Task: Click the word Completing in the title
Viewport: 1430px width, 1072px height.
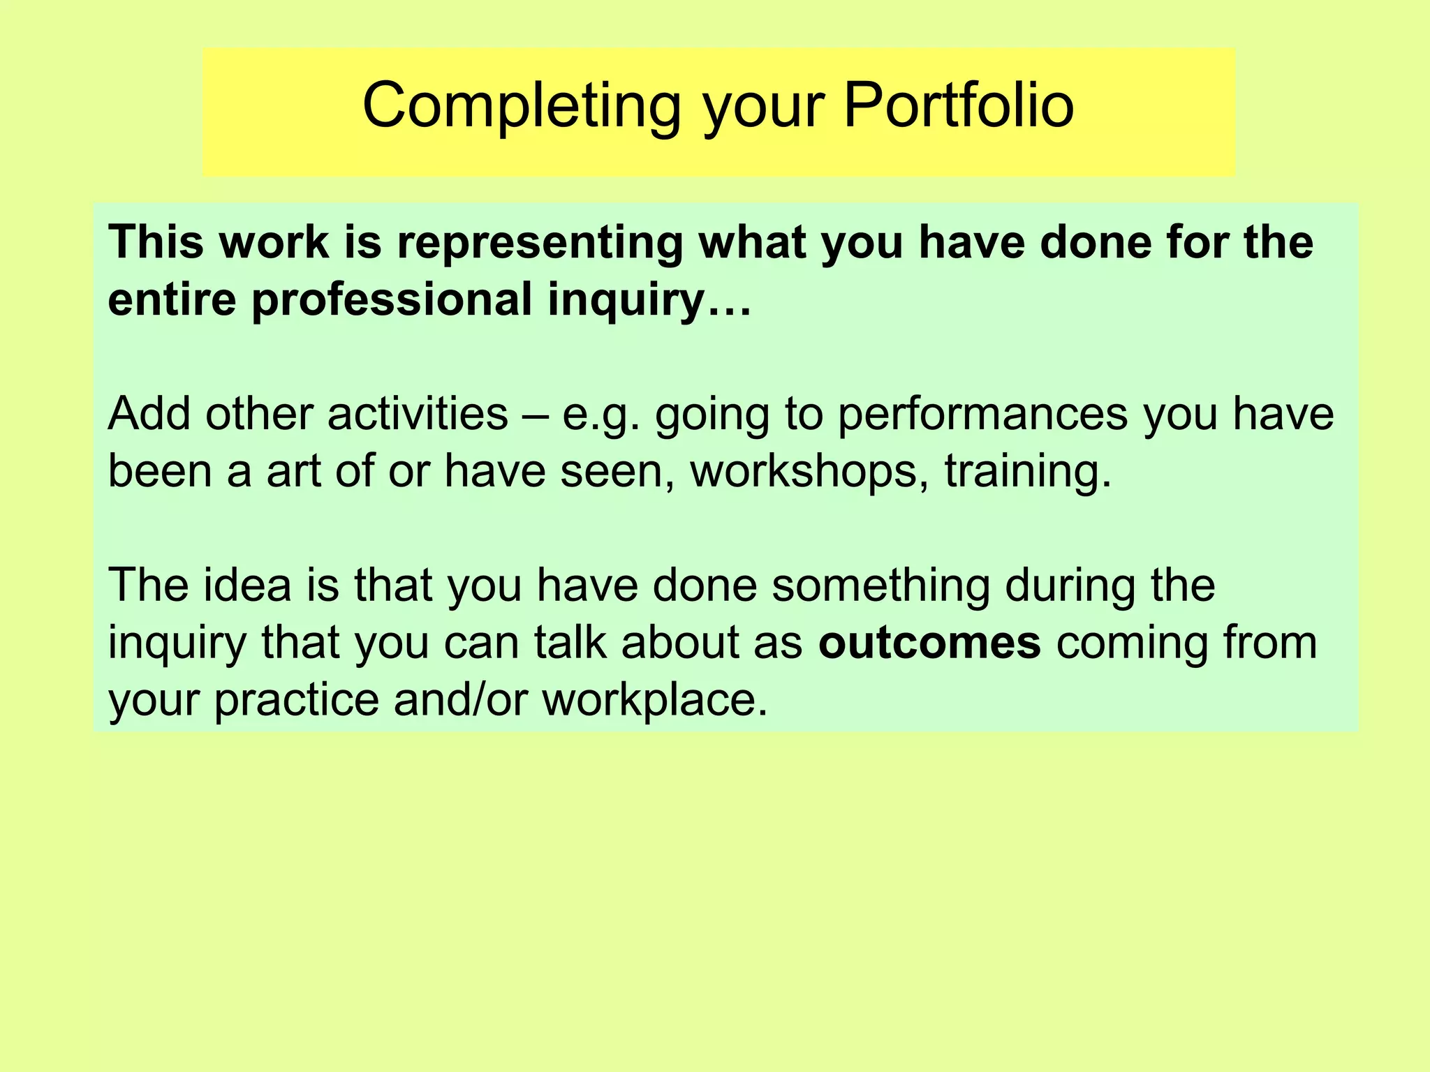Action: [x=521, y=106]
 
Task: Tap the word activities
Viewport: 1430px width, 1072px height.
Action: [x=417, y=414]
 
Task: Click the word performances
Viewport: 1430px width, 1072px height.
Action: [x=982, y=415]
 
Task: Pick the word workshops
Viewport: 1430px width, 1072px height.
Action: [x=809, y=472]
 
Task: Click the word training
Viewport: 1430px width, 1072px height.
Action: [x=1027, y=472]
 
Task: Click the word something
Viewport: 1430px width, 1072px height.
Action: [x=880, y=586]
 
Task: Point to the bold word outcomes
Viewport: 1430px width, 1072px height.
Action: [x=929, y=643]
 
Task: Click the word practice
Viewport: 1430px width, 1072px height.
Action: [x=296, y=700]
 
